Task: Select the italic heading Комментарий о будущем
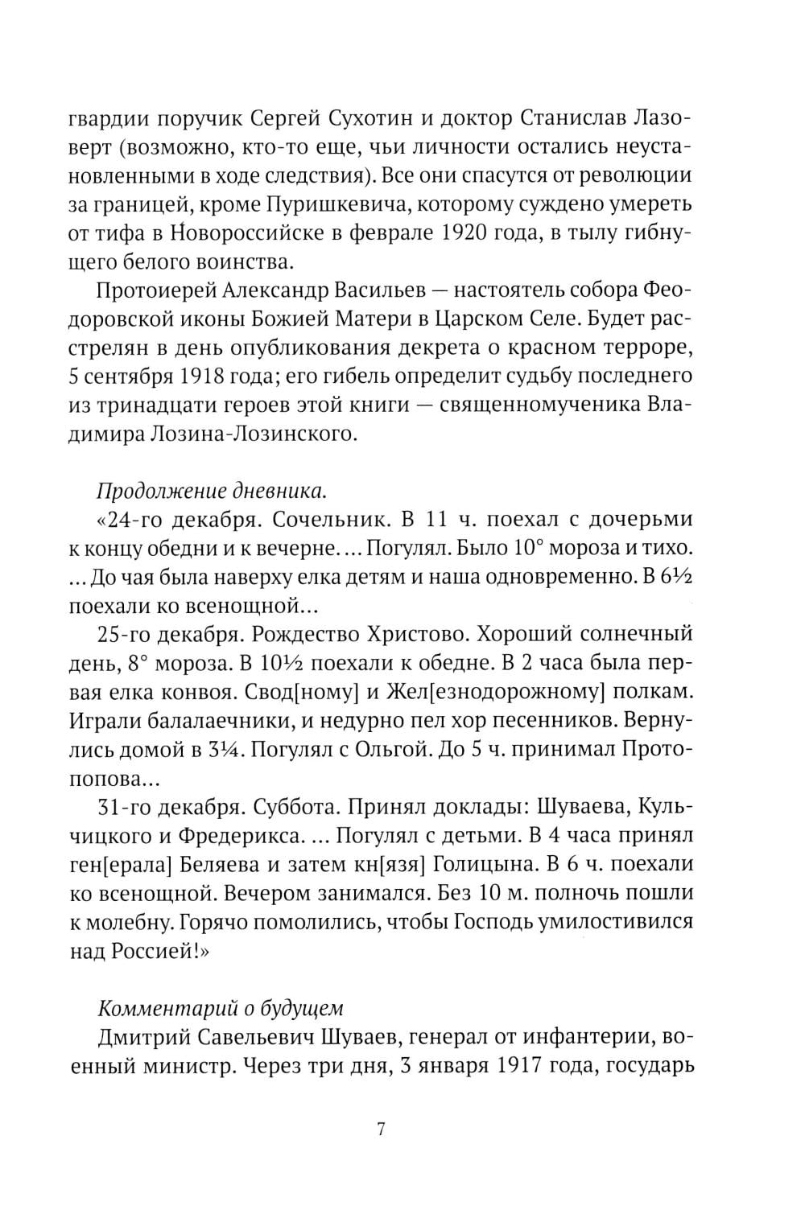(220, 1007)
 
